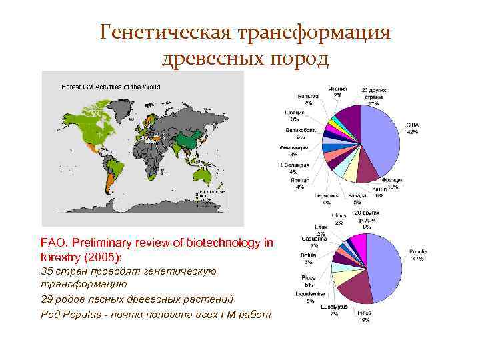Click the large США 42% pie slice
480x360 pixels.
pyautogui.click(x=380, y=137)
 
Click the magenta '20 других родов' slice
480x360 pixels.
pyautogui.click(x=359, y=246)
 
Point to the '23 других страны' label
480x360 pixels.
pyautogui.click(x=374, y=97)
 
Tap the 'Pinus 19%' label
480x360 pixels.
pyautogui.click(x=363, y=316)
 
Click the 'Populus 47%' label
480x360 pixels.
pyautogui.click(x=418, y=255)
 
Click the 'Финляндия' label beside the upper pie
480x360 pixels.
pyautogui.click(x=293, y=150)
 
